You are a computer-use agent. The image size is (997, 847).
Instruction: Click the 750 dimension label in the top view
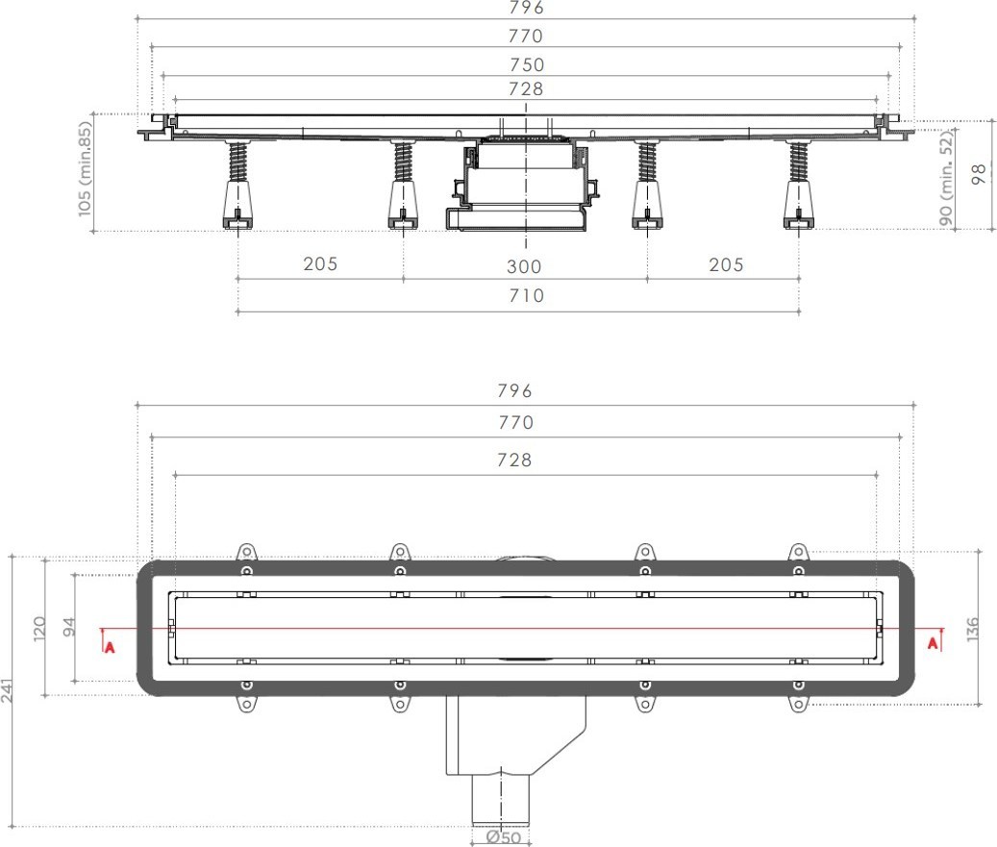(527, 64)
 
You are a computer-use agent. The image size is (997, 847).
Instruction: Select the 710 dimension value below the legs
(527, 296)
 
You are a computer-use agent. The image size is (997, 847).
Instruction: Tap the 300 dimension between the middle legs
(524, 266)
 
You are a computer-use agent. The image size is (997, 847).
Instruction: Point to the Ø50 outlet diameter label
(503, 837)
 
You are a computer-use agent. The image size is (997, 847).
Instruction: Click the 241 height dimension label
(7, 690)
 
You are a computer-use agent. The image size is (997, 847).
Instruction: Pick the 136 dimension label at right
(973, 630)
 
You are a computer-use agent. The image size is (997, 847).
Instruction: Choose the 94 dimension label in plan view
(68, 627)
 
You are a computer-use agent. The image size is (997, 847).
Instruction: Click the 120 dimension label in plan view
(38, 628)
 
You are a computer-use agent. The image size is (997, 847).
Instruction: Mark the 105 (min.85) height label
(85, 169)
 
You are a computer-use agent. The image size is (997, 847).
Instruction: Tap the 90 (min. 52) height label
(947, 178)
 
